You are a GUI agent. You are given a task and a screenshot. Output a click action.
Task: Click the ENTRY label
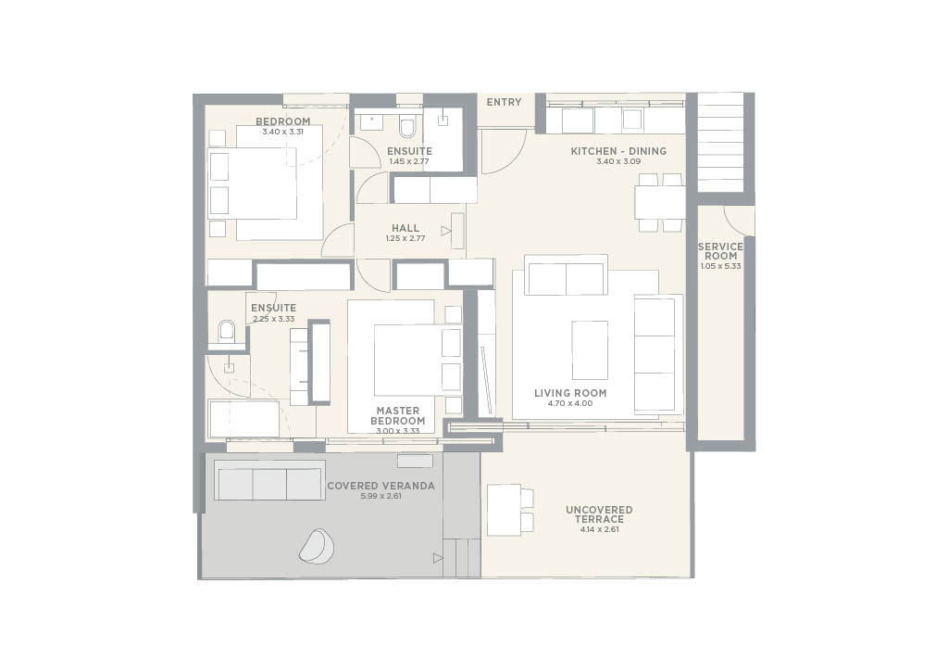coord(504,103)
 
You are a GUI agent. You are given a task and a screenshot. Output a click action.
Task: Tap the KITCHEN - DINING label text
coord(617,151)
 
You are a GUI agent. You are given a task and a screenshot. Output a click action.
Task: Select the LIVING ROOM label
coord(570,393)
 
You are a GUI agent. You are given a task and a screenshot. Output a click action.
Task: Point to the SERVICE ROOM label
coord(719,251)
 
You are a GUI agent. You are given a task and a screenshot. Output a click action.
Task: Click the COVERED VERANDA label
coord(380,486)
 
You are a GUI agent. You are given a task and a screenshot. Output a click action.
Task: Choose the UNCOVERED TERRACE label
coord(599,514)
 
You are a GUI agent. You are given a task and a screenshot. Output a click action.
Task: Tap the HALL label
coord(405,228)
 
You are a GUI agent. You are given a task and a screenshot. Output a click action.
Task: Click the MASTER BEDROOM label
coord(397,415)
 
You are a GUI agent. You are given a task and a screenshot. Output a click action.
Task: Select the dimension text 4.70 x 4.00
coord(570,404)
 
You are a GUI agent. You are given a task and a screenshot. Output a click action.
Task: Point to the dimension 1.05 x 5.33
coord(719,267)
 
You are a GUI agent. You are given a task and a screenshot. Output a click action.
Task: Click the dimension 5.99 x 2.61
coord(380,497)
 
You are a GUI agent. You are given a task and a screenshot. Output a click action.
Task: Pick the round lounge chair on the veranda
coord(317,546)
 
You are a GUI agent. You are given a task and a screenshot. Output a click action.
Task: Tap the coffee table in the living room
coord(590,349)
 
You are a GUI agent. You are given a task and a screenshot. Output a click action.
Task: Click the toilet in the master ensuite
coord(227,331)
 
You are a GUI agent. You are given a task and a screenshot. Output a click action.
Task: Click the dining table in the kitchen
coord(659,202)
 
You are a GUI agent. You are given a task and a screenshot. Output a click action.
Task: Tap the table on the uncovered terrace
coord(504,510)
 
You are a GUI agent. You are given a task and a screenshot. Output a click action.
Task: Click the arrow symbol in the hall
coord(446,231)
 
